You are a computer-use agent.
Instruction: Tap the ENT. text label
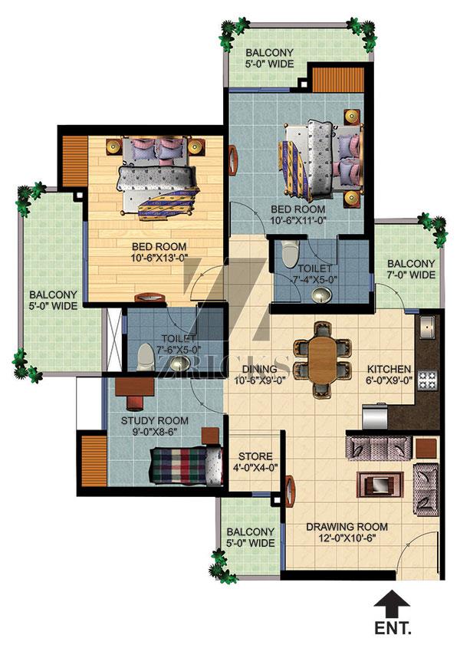pos(393,629)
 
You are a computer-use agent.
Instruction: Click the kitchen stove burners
pos(428,380)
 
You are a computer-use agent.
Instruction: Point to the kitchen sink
pos(428,327)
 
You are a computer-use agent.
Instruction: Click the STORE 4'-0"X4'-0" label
pos(255,462)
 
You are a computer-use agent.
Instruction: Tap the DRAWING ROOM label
pos(347,527)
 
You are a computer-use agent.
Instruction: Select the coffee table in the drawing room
pos(379,484)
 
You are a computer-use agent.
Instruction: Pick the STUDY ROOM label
pos(155,421)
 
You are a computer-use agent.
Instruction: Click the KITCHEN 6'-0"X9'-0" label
pos(389,374)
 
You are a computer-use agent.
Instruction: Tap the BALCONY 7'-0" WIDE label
pos(411,268)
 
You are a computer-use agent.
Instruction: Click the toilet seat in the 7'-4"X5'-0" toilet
pos(291,253)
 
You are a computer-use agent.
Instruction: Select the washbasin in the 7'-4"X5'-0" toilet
pos(322,295)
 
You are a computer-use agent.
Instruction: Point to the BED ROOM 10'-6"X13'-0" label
pos(159,252)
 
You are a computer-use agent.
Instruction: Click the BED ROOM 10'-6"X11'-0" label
pos(298,214)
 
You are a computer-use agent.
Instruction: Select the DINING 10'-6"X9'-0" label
pos(259,374)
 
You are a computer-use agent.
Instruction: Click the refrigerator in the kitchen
pos(375,417)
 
